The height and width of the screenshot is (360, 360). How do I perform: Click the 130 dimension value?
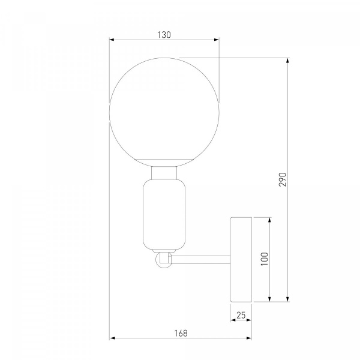[164, 35]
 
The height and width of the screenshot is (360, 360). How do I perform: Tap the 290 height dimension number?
[283, 179]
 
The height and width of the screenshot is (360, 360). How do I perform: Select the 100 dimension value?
[265, 259]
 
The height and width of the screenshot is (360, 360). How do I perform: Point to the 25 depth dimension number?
[241, 315]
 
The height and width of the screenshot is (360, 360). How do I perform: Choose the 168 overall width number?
[181, 333]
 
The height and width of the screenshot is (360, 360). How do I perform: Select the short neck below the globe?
[164, 173]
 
